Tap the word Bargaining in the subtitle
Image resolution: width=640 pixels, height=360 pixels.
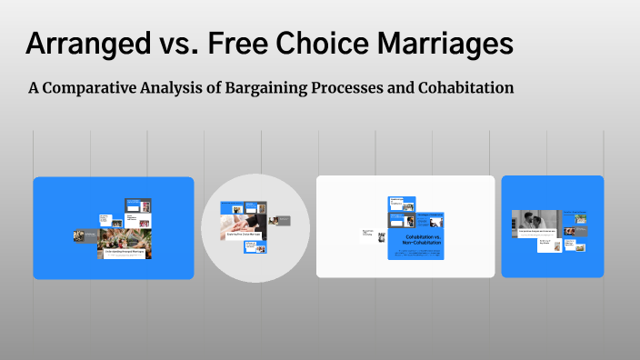(x=276, y=88)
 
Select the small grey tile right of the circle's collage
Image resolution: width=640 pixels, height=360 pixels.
(x=283, y=220)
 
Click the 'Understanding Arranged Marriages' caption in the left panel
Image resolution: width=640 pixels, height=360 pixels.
(x=125, y=251)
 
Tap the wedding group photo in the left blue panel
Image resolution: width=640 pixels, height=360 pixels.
(x=125, y=238)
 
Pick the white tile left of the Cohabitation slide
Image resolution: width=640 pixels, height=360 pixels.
(x=368, y=234)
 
